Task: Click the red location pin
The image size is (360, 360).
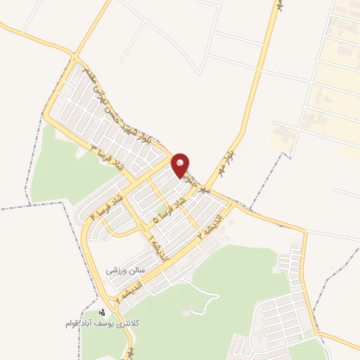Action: [x=181, y=164]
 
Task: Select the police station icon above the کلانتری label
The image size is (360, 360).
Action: [x=102, y=311]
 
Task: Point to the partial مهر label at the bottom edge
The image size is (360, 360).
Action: [x=130, y=352]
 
